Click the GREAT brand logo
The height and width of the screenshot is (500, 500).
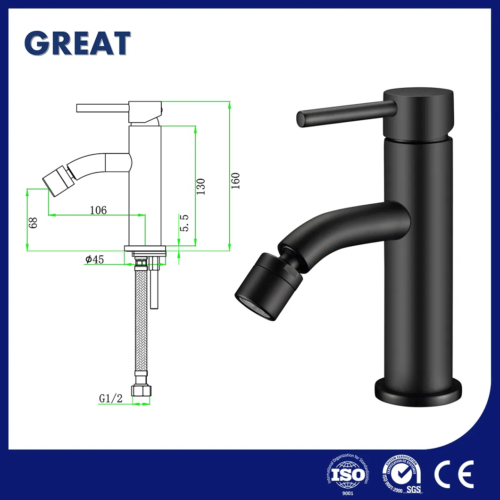[77, 44]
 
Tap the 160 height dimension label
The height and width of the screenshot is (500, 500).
[236, 181]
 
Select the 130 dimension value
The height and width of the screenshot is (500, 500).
[201, 187]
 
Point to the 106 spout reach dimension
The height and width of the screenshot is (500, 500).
[98, 210]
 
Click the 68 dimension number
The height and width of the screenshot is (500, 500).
[33, 223]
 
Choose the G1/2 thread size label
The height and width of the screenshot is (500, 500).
[111, 399]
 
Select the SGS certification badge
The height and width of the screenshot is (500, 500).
[401, 473]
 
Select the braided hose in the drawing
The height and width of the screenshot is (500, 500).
[141, 321]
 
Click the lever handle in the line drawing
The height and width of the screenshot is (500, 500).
[103, 108]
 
